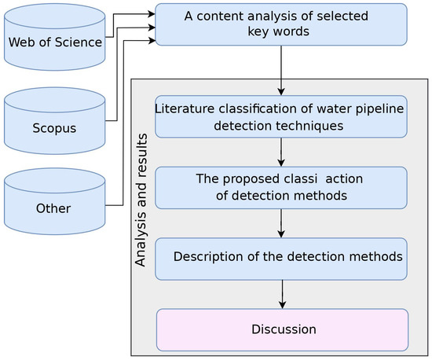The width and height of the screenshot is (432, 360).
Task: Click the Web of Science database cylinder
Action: tap(54, 37)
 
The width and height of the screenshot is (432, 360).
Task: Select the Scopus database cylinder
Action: tap(54, 122)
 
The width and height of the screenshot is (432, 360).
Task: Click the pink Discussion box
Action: tap(282, 329)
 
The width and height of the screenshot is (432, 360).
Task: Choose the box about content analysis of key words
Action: tap(281, 24)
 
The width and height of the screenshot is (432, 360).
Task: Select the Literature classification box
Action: tap(281, 116)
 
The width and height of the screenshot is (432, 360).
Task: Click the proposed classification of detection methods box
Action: tap(281, 187)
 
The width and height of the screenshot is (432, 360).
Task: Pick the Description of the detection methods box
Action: tap(281, 258)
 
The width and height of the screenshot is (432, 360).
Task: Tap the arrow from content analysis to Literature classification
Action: tap(281, 70)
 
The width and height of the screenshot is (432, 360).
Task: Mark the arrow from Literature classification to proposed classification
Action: tap(281, 152)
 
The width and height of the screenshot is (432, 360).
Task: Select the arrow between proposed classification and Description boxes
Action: tap(281, 223)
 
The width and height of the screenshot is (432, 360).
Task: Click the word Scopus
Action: tap(53, 127)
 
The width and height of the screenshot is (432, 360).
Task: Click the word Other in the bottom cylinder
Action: tap(53, 209)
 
